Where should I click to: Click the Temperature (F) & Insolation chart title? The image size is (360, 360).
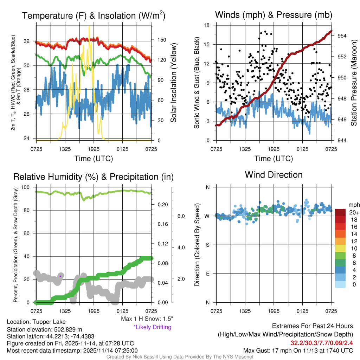click(94, 15)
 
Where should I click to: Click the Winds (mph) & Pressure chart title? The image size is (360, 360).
click(274, 15)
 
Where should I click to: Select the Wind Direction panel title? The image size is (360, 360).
click(274, 175)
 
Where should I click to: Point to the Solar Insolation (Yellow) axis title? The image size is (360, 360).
click(173, 83)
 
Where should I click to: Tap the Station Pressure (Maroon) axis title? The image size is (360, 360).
click(354, 83)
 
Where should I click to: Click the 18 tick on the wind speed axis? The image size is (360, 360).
click(207, 25)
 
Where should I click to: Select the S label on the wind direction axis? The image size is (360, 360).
click(207, 245)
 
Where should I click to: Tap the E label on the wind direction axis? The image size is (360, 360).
click(207, 274)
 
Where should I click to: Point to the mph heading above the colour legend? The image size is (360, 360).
click(353, 205)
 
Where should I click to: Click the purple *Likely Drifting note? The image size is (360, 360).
click(152, 327)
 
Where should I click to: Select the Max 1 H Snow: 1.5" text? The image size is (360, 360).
click(147, 319)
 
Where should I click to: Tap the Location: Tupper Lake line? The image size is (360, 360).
click(36, 322)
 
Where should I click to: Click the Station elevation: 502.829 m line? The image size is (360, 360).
click(44, 329)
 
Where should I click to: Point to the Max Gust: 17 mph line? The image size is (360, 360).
click(298, 351)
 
